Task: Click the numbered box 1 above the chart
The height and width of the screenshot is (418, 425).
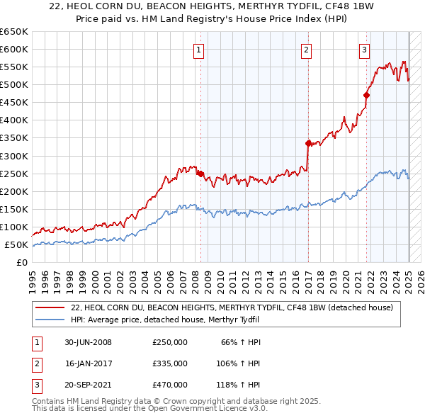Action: coord(198,50)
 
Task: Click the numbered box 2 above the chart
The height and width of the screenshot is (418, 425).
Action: coord(306,50)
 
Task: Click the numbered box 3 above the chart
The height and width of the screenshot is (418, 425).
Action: coord(364,50)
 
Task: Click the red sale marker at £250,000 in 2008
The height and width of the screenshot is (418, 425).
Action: coord(200,173)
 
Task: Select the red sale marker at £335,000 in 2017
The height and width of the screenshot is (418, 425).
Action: coord(308,143)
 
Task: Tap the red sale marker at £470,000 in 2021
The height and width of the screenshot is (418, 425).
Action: coord(367,95)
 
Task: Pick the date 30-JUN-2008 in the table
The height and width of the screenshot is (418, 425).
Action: coord(88,343)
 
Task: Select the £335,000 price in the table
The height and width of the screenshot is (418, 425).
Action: coord(169,363)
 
